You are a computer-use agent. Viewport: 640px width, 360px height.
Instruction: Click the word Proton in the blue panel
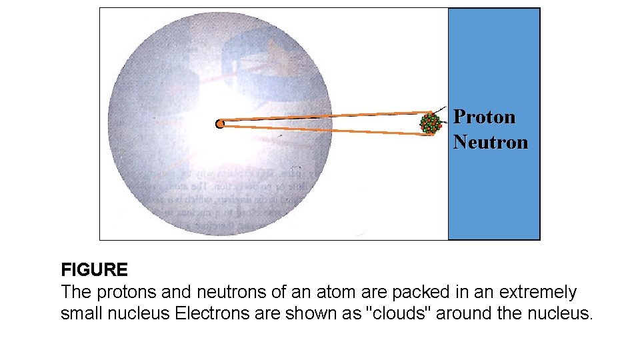coord(485,117)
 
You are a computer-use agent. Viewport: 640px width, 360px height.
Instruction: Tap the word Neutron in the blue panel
coord(491,142)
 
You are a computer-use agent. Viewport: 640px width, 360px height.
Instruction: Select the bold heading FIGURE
coord(94,270)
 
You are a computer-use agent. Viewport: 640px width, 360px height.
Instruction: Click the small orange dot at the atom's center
coord(219,123)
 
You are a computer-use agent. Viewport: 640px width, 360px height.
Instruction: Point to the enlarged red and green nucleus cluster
coord(431,123)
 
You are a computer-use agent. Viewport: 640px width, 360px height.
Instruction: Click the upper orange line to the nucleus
coord(327,116)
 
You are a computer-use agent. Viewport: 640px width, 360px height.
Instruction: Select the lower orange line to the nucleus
coord(327,130)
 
